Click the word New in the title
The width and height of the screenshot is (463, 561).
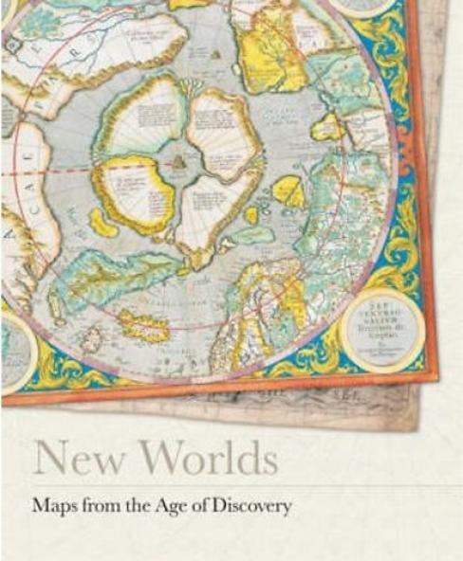coord(69,458)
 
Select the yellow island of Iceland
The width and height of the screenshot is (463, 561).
coord(143,326)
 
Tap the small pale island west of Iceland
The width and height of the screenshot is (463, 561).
coord(93,337)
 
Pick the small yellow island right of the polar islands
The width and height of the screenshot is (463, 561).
coord(287,191)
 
